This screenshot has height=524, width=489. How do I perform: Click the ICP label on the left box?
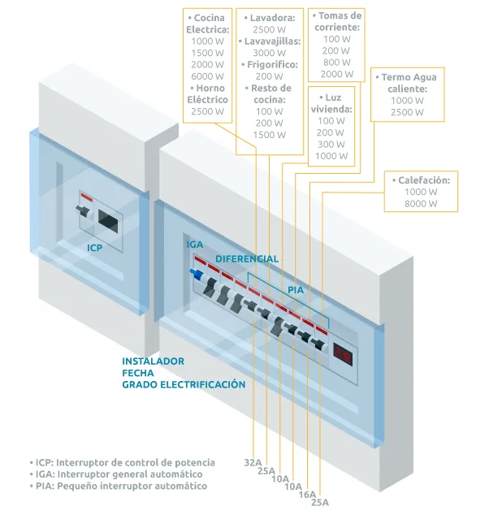tap(94, 248)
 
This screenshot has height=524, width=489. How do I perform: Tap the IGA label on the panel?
tap(195, 245)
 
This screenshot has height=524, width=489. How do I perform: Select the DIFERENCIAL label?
tap(247, 258)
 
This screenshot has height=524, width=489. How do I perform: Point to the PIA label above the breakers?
tap(296, 290)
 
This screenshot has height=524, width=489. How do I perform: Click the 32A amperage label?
tap(253, 462)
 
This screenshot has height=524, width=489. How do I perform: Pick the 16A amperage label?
tap(307, 494)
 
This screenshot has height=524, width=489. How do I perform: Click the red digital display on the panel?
tap(343, 354)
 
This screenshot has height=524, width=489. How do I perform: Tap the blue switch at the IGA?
tap(197, 274)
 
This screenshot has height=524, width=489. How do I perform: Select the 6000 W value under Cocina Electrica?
tap(208, 76)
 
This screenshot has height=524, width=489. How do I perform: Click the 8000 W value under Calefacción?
tap(421, 204)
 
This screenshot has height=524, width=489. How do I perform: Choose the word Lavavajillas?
tap(272, 41)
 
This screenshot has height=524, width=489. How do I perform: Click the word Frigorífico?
tap(272, 64)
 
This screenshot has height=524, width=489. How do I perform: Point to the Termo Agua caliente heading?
tap(407, 83)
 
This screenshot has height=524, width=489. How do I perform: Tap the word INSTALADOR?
tap(153, 362)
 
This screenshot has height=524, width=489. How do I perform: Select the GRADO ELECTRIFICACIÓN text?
tap(184, 384)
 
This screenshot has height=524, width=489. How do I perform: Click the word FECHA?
tap(138, 373)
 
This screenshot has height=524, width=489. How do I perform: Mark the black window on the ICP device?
tap(108, 221)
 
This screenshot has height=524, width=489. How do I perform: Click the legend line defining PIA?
tap(119, 486)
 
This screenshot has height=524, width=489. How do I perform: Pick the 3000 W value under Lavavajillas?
tap(270, 53)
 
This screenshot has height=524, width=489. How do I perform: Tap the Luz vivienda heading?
tap(331, 103)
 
